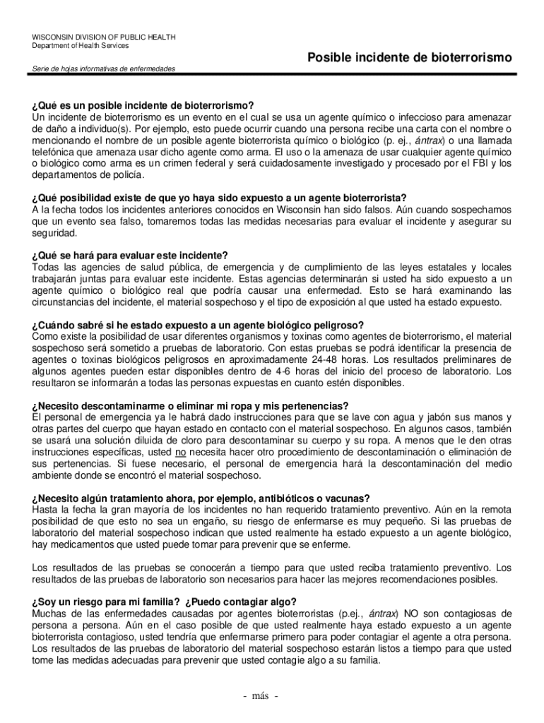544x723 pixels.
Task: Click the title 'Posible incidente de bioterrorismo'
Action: click(410, 56)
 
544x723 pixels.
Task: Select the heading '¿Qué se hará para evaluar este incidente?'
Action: click(130, 256)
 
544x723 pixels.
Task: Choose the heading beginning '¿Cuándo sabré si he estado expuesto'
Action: click(198, 325)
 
